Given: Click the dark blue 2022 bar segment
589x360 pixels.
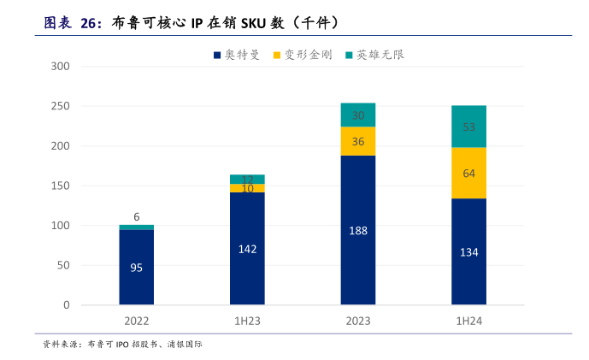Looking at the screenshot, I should (x=136, y=267).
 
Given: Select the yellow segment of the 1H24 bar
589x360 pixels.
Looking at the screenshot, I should (x=468, y=173).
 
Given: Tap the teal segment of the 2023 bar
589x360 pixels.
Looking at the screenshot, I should (x=357, y=115).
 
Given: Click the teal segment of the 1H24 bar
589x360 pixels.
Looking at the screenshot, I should (x=468, y=127).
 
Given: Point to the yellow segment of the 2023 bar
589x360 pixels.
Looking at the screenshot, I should (x=357, y=141).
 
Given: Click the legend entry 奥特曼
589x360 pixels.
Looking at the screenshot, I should (x=236, y=55).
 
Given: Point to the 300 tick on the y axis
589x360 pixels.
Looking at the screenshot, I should (x=61, y=67).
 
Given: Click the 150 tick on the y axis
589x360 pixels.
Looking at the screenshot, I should (x=61, y=186).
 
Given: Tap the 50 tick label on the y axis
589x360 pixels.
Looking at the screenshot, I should (x=63, y=265).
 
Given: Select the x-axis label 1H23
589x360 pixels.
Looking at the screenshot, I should (x=247, y=322).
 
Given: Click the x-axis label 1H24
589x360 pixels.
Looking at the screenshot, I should (x=468, y=322).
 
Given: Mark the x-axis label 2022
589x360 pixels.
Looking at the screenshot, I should (x=136, y=322).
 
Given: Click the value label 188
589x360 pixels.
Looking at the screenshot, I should (x=357, y=230).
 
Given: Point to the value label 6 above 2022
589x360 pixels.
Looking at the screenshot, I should (x=136, y=216).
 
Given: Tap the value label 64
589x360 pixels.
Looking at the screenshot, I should (x=468, y=173).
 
